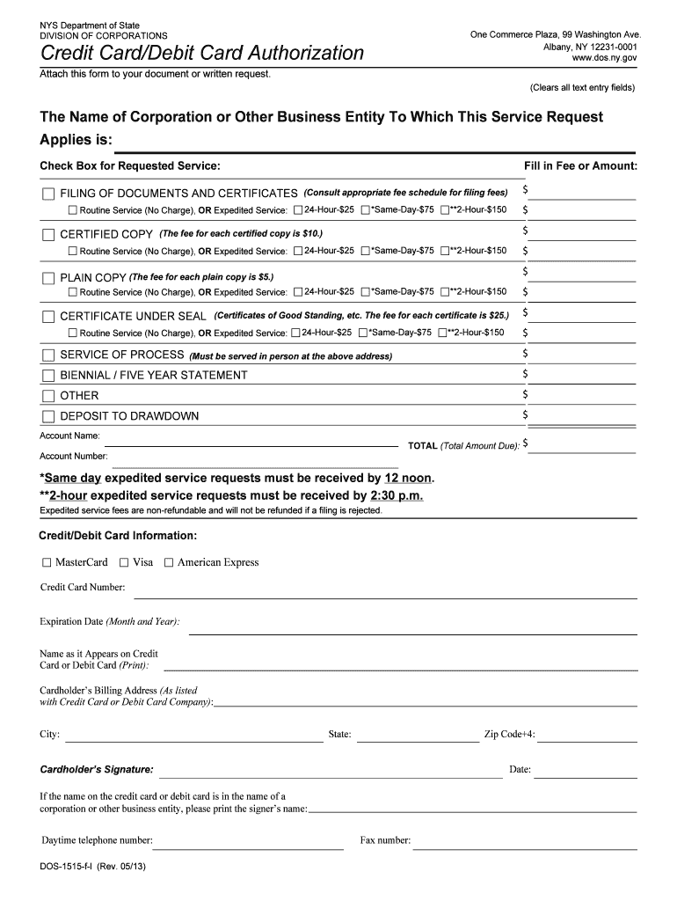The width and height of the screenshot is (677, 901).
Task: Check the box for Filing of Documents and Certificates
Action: click(48, 194)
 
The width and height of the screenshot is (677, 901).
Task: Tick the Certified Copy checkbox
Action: click(48, 235)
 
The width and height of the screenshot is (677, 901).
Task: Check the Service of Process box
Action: click(48, 355)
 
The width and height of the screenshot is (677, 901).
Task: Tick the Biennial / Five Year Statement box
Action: click(48, 376)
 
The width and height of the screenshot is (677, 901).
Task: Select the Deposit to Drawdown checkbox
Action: click(48, 416)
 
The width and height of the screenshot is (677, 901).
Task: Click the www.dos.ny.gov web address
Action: click(604, 57)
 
